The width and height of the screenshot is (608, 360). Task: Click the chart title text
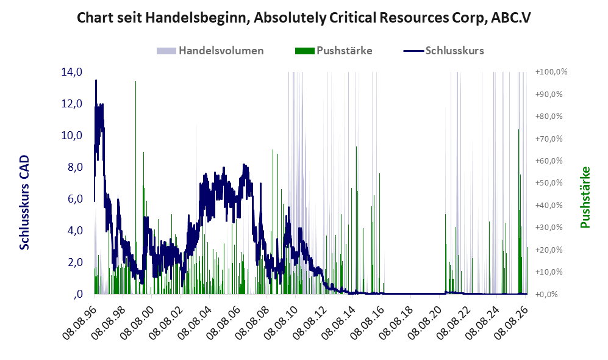pyautogui.click(x=304, y=18)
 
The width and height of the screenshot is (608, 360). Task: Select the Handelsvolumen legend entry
pyautogui.click(x=210, y=51)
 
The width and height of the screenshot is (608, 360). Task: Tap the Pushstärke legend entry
pyautogui.click(x=334, y=51)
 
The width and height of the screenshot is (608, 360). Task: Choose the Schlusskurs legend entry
pyautogui.click(x=443, y=51)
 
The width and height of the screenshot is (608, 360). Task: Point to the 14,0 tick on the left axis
pyautogui.click(x=72, y=72)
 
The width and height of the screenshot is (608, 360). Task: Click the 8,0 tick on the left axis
pyautogui.click(x=75, y=167)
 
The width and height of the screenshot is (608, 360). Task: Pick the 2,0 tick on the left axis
pyautogui.click(x=75, y=262)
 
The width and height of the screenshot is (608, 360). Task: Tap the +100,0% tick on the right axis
pyautogui.click(x=551, y=72)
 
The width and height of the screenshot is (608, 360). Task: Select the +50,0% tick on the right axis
pyautogui.click(x=549, y=182)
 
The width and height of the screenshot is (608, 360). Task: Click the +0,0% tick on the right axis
pyautogui.click(x=547, y=294)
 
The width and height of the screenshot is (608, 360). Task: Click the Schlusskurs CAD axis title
pyautogui.click(x=24, y=203)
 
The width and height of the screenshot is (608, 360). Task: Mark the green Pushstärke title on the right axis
pyautogui.click(x=585, y=198)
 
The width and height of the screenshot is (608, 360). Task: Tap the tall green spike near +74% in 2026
pyautogui.click(x=519, y=211)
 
